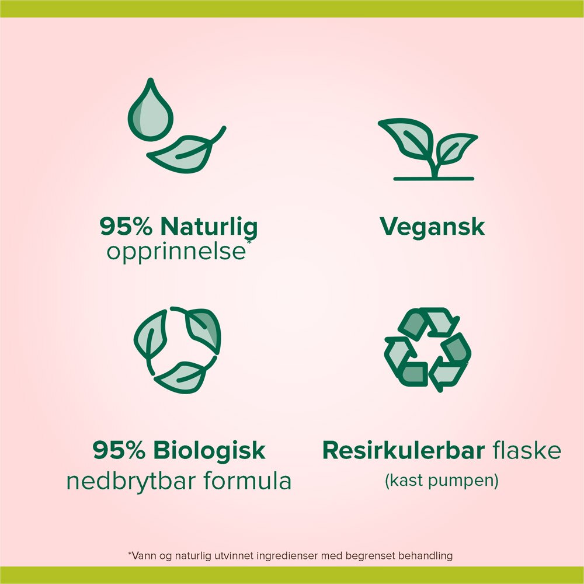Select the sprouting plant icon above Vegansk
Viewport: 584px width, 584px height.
pos(428,149)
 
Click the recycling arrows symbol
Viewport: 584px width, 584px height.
pos(427,349)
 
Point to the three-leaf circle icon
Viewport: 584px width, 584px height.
pos(178,349)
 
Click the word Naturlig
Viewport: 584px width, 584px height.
pos(209,227)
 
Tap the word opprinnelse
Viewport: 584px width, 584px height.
pos(176,252)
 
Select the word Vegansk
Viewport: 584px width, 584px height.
pos(432,227)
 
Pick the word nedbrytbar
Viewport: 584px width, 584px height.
pos(131,481)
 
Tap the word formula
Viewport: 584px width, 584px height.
pos(247,481)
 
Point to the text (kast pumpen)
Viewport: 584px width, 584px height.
pos(442,481)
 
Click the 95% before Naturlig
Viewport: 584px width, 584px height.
pos(126,226)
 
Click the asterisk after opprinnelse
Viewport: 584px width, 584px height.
pos(249,242)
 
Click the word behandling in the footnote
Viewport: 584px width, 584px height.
pos(426,556)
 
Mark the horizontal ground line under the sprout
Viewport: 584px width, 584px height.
pos(434,179)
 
